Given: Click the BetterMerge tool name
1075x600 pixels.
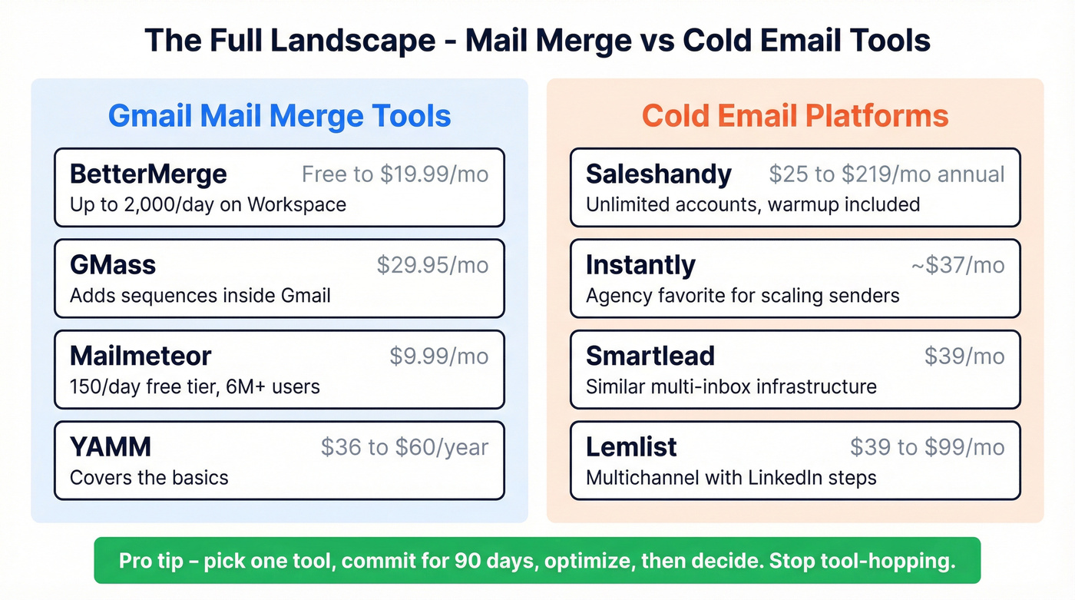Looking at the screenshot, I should (148, 174).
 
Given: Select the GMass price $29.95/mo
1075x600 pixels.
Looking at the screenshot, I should (432, 265).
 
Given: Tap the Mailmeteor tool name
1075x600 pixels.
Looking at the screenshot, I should (141, 356).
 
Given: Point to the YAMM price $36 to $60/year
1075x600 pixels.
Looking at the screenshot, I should (405, 446).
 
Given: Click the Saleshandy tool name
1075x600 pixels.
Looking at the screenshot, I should (659, 174).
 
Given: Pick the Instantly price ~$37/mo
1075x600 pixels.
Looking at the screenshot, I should (958, 265).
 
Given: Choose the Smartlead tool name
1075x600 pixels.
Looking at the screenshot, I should (650, 356).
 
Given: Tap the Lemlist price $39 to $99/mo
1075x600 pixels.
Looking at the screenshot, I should (928, 446).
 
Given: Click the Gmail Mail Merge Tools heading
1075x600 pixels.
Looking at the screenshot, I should (279, 115).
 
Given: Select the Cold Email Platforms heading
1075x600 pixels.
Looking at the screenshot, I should (795, 115).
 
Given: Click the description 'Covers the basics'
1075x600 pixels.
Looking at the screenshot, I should (149, 477).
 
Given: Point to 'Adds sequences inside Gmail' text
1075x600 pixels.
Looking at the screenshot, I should (200, 296).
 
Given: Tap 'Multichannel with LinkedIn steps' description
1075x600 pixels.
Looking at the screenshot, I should (731, 477).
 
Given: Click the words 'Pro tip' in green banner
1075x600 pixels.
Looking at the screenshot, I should (151, 561).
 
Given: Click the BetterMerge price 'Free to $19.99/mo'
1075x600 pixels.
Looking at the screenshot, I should (395, 174).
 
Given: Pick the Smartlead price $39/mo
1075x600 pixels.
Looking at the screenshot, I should (964, 356).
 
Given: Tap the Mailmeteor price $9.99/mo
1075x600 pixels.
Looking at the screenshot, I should (438, 356).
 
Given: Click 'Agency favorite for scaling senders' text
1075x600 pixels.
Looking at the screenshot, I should (743, 296).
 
